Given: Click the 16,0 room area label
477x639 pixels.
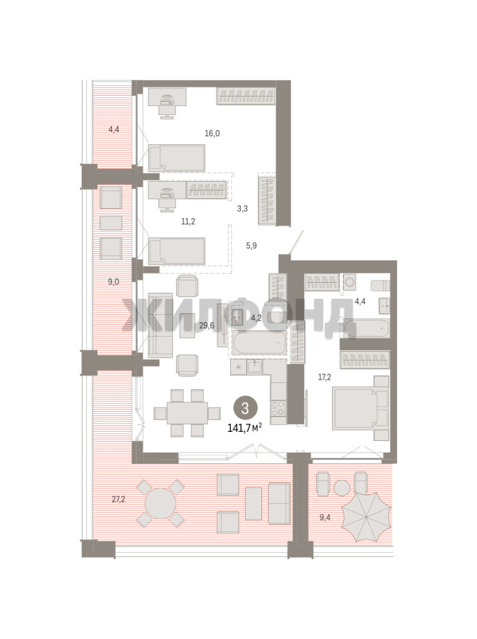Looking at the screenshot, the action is [x=212, y=133].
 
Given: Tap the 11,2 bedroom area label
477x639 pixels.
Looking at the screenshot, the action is [x=188, y=222].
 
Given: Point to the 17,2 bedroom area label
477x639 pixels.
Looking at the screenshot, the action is [x=324, y=377].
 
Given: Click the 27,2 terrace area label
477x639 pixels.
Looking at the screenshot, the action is [x=118, y=499].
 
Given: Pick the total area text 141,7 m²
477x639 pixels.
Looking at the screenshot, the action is [x=244, y=428].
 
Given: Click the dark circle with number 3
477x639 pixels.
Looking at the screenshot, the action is [x=245, y=408].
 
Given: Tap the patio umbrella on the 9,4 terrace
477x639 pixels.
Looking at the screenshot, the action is [x=366, y=517].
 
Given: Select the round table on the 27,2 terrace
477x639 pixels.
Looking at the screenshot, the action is [x=160, y=504].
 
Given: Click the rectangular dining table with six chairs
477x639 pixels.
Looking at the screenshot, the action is [x=187, y=413].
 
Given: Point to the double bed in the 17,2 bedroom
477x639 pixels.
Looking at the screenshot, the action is [x=360, y=408].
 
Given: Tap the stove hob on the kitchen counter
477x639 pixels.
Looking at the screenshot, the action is [x=279, y=408].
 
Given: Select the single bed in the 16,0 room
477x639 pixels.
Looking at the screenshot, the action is [x=176, y=158].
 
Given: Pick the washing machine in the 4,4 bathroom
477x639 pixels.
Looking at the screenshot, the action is [x=350, y=282].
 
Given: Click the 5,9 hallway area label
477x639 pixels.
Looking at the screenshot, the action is [x=251, y=246].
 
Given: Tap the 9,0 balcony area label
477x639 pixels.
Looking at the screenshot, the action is [x=114, y=282].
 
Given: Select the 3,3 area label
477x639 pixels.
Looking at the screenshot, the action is [x=243, y=209].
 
